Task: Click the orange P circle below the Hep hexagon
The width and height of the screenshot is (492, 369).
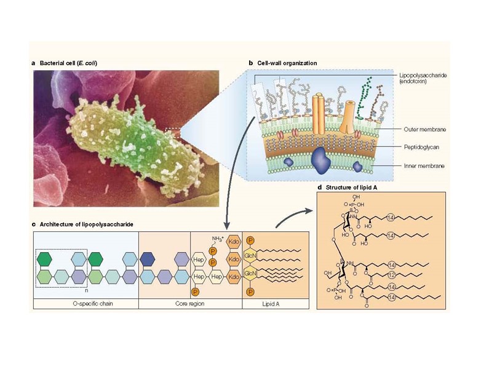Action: pyautogui.click(x=195, y=292)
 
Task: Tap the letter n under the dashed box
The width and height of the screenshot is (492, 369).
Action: pyautogui.click(x=88, y=291)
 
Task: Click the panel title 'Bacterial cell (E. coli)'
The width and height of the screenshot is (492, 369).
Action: pyautogui.click(x=68, y=63)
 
